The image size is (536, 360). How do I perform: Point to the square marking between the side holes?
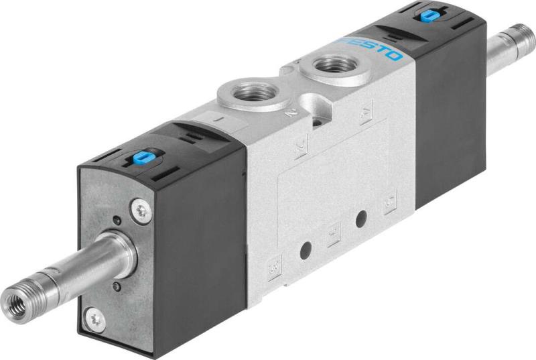click(333, 234)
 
